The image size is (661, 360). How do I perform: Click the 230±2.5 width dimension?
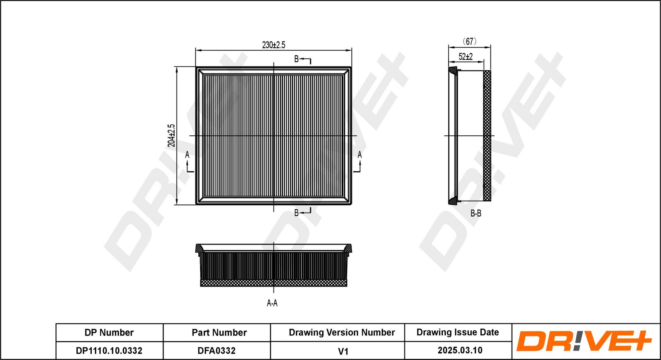pyautogui.click(x=273, y=45)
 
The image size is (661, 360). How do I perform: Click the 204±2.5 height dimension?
pyautogui.click(x=171, y=135)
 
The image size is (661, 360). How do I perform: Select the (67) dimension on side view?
pyautogui.click(x=469, y=41)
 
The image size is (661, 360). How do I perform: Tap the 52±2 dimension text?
pyautogui.click(x=466, y=57)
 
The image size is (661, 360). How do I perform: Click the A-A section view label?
pyautogui.click(x=272, y=303)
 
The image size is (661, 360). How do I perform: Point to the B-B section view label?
pyautogui.click(x=476, y=213)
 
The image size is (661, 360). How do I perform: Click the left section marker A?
pyautogui.click(x=187, y=155)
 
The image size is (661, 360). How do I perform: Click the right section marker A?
pyautogui.click(x=359, y=155)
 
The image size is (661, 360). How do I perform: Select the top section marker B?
pyautogui.click(x=296, y=59)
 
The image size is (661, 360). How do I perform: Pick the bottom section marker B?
pyautogui.click(x=296, y=213)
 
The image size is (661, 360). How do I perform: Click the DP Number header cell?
pyautogui.click(x=109, y=333)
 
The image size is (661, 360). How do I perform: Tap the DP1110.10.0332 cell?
pyautogui.click(x=109, y=351)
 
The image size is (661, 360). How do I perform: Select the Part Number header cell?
pyautogui.click(x=219, y=333)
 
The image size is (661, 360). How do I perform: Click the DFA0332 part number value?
pyautogui.click(x=216, y=351)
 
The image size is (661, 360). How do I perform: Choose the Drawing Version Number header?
pyautogui.click(x=342, y=333)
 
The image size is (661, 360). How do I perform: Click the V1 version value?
pyautogui.click(x=343, y=351)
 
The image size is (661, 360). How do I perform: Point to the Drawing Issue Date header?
pyautogui.click(x=457, y=332)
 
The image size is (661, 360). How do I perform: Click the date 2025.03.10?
pyautogui.click(x=460, y=351)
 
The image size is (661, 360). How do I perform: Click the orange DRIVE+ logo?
pyautogui.click(x=584, y=341)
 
